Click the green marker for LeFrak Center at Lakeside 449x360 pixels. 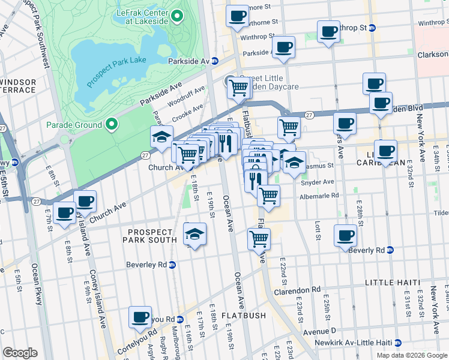coord(176,15)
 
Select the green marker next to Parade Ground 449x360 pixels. coord(111,124)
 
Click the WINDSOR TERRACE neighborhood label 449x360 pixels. coord(18,86)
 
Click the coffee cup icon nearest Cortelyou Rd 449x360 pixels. coord(141,317)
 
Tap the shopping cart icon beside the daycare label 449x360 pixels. coord(239,88)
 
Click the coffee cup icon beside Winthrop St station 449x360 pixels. coord(328,31)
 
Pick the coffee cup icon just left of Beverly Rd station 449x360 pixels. coord(345,235)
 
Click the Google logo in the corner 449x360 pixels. coord(20,353)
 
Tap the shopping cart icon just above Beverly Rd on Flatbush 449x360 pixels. coord(259,238)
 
